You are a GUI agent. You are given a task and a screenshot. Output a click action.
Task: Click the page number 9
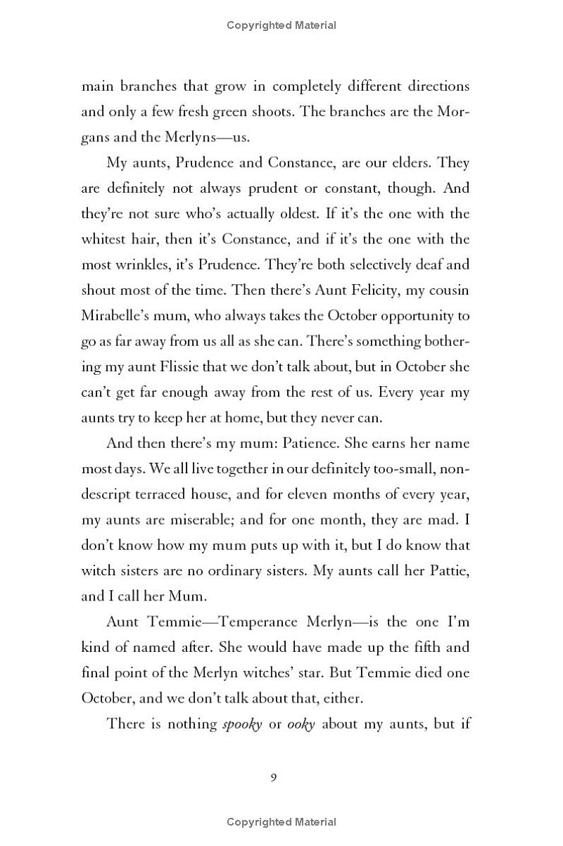(274, 776)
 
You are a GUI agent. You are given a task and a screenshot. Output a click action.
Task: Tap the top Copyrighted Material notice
(281, 25)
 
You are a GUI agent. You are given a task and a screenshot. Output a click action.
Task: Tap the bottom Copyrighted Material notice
(281, 821)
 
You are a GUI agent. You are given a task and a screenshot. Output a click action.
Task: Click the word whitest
(106, 239)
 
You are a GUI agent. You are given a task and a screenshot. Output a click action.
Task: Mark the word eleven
(325, 494)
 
